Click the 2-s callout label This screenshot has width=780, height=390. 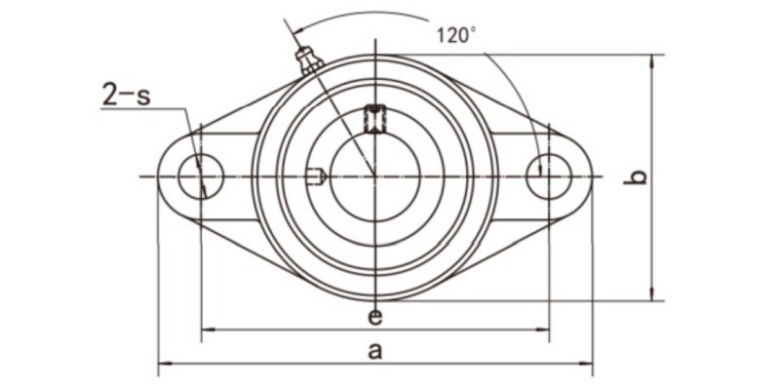pyautogui.click(x=127, y=96)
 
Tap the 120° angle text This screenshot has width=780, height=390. pyautogui.click(x=455, y=36)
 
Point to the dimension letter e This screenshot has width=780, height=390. pyautogui.click(x=374, y=317)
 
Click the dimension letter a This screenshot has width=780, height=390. pyautogui.click(x=374, y=352)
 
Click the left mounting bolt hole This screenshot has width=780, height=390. pyautogui.click(x=201, y=176)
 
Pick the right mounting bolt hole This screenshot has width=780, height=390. pyautogui.click(x=549, y=176)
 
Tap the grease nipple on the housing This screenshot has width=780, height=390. pyautogui.click(x=309, y=60)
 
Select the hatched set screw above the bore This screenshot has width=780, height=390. pyautogui.click(x=374, y=118)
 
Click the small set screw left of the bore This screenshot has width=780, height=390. pyautogui.click(x=315, y=176)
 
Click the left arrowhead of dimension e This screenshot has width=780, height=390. pyautogui.click(x=205, y=331)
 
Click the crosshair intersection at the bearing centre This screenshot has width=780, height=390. pyautogui.click(x=374, y=176)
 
